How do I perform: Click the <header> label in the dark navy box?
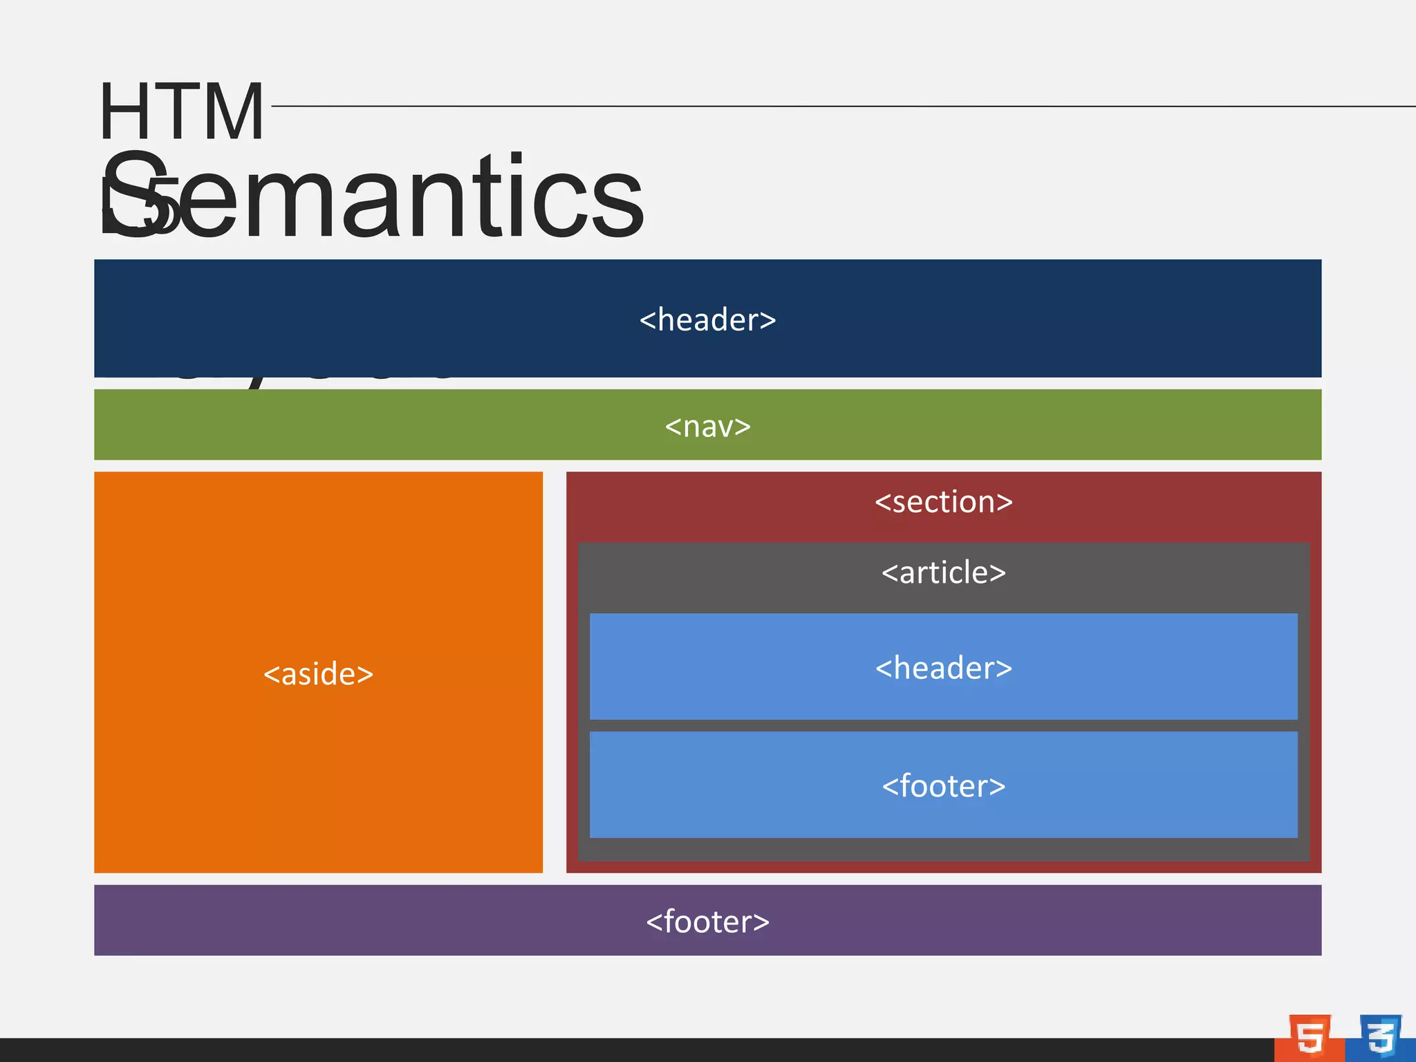coord(707,320)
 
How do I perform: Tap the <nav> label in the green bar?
coord(707,427)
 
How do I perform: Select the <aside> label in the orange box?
coord(318,674)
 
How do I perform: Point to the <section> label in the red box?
coord(943,502)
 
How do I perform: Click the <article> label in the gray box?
coord(943,573)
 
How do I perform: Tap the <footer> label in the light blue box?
coord(943,787)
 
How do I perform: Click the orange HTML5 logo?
coord(1310,1037)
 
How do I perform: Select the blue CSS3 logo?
coord(1380,1037)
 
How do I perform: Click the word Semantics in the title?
coord(373,197)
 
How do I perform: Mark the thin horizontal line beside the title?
coord(830,106)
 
